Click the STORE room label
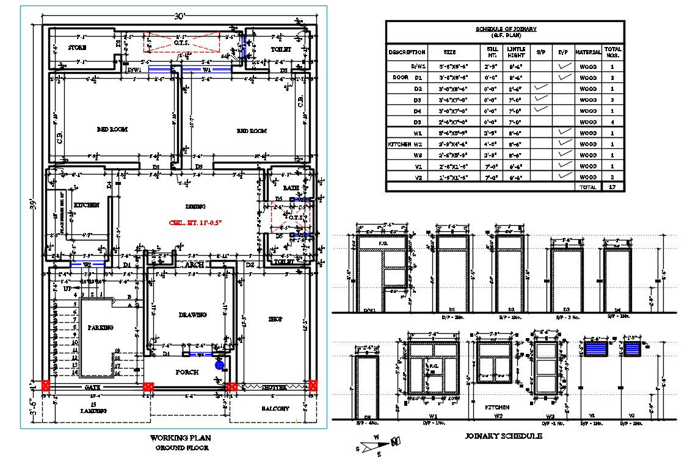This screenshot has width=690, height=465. (x=77, y=48)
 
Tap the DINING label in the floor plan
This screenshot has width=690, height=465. (x=195, y=206)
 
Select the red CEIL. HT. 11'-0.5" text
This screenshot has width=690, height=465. (x=195, y=223)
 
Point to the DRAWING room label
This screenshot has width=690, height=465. (x=192, y=315)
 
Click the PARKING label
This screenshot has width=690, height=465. (x=100, y=328)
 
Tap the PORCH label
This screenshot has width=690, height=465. (x=187, y=372)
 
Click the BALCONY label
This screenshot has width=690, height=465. (x=275, y=408)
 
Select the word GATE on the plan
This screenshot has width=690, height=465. (x=92, y=387)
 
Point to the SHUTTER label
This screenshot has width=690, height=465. (x=274, y=387)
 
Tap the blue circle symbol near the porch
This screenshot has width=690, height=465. (x=219, y=365)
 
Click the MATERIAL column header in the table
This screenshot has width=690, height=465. (x=588, y=52)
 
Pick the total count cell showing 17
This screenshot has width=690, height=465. (x=612, y=187)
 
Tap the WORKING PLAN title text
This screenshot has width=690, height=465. (x=181, y=438)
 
